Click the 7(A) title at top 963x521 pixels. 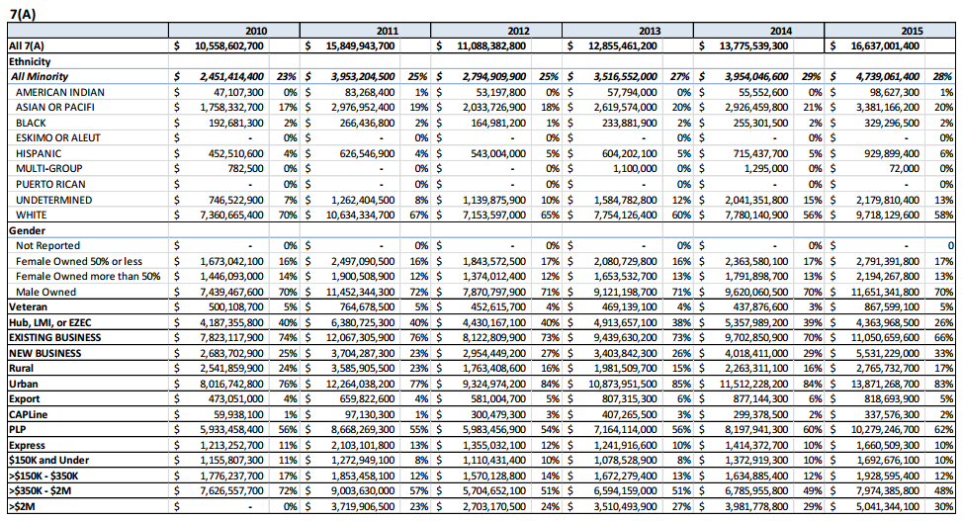[x=22, y=11]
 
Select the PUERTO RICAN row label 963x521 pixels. [x=48, y=185]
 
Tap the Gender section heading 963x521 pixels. [x=27, y=230]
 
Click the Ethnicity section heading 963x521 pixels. [x=30, y=61]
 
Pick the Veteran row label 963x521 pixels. [x=31, y=306]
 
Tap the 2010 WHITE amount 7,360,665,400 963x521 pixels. [x=223, y=215]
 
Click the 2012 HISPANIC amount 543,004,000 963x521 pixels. [x=492, y=153]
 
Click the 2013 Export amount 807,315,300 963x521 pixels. [x=623, y=398]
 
